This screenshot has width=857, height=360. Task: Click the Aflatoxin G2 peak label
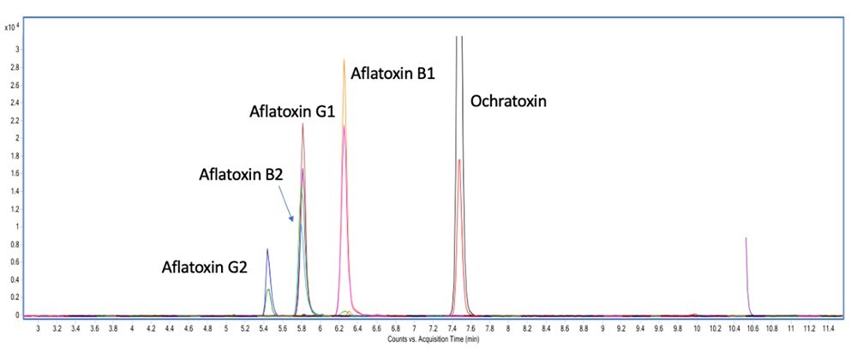[x=205, y=267]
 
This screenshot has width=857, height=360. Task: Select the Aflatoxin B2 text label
[x=242, y=175]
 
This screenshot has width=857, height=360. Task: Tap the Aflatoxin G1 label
[x=291, y=112]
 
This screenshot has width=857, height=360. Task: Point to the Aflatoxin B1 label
[x=393, y=74]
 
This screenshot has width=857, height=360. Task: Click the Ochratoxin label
[x=508, y=101]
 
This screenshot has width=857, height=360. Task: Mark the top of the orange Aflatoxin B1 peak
[x=344, y=61]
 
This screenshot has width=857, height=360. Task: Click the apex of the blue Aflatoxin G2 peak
[x=267, y=249]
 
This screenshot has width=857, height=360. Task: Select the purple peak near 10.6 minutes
[x=746, y=238]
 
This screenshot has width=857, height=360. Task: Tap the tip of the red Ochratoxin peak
[x=459, y=160]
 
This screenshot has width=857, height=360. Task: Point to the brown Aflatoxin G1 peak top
[x=303, y=124]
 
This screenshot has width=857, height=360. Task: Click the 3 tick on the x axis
[x=38, y=328]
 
